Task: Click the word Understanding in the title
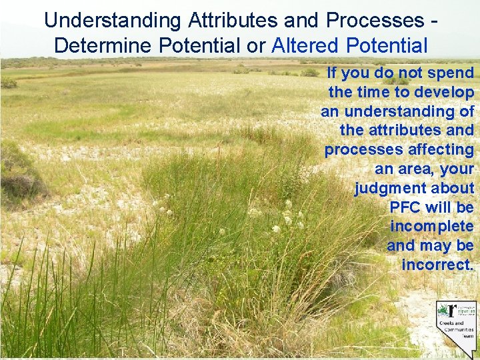[x=113, y=20]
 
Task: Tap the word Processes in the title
[x=373, y=20]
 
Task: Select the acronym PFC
[x=405, y=207]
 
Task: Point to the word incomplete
[x=431, y=226]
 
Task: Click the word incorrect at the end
[x=437, y=265]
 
